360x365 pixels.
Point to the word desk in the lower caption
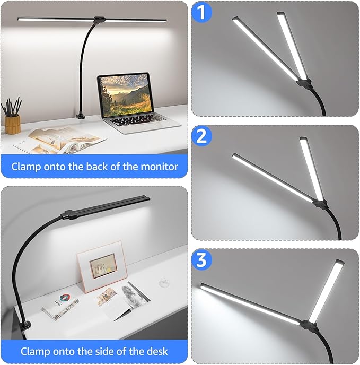point(156,351)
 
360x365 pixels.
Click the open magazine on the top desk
point(58,139)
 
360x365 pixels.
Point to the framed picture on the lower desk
point(102,266)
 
